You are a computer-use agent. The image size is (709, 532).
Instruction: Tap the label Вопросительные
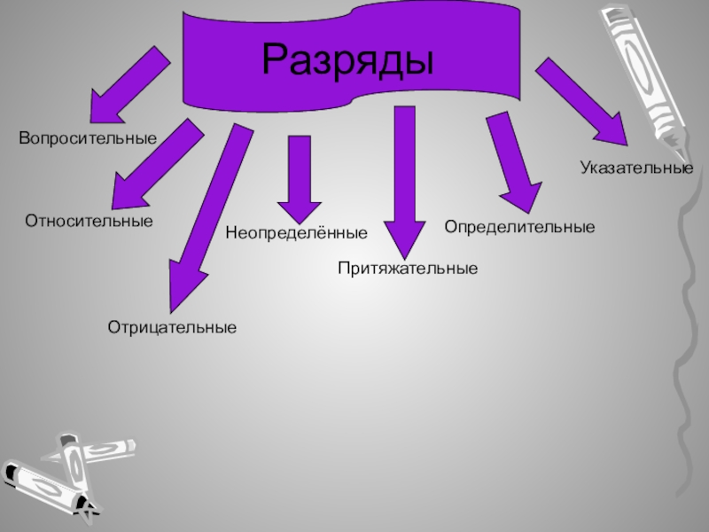tap(88, 139)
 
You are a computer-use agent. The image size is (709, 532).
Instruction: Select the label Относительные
tap(89, 220)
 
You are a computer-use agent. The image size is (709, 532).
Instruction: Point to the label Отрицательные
tap(172, 328)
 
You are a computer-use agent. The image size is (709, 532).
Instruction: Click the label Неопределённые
tap(296, 234)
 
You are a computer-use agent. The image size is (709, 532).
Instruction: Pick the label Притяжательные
tap(408, 267)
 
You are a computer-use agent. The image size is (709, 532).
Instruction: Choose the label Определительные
tap(519, 228)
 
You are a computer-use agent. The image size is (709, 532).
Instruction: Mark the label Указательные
tap(636, 167)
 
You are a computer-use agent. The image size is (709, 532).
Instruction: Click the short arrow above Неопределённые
tap(299, 177)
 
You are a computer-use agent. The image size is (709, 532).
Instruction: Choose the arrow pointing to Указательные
tap(584, 102)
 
